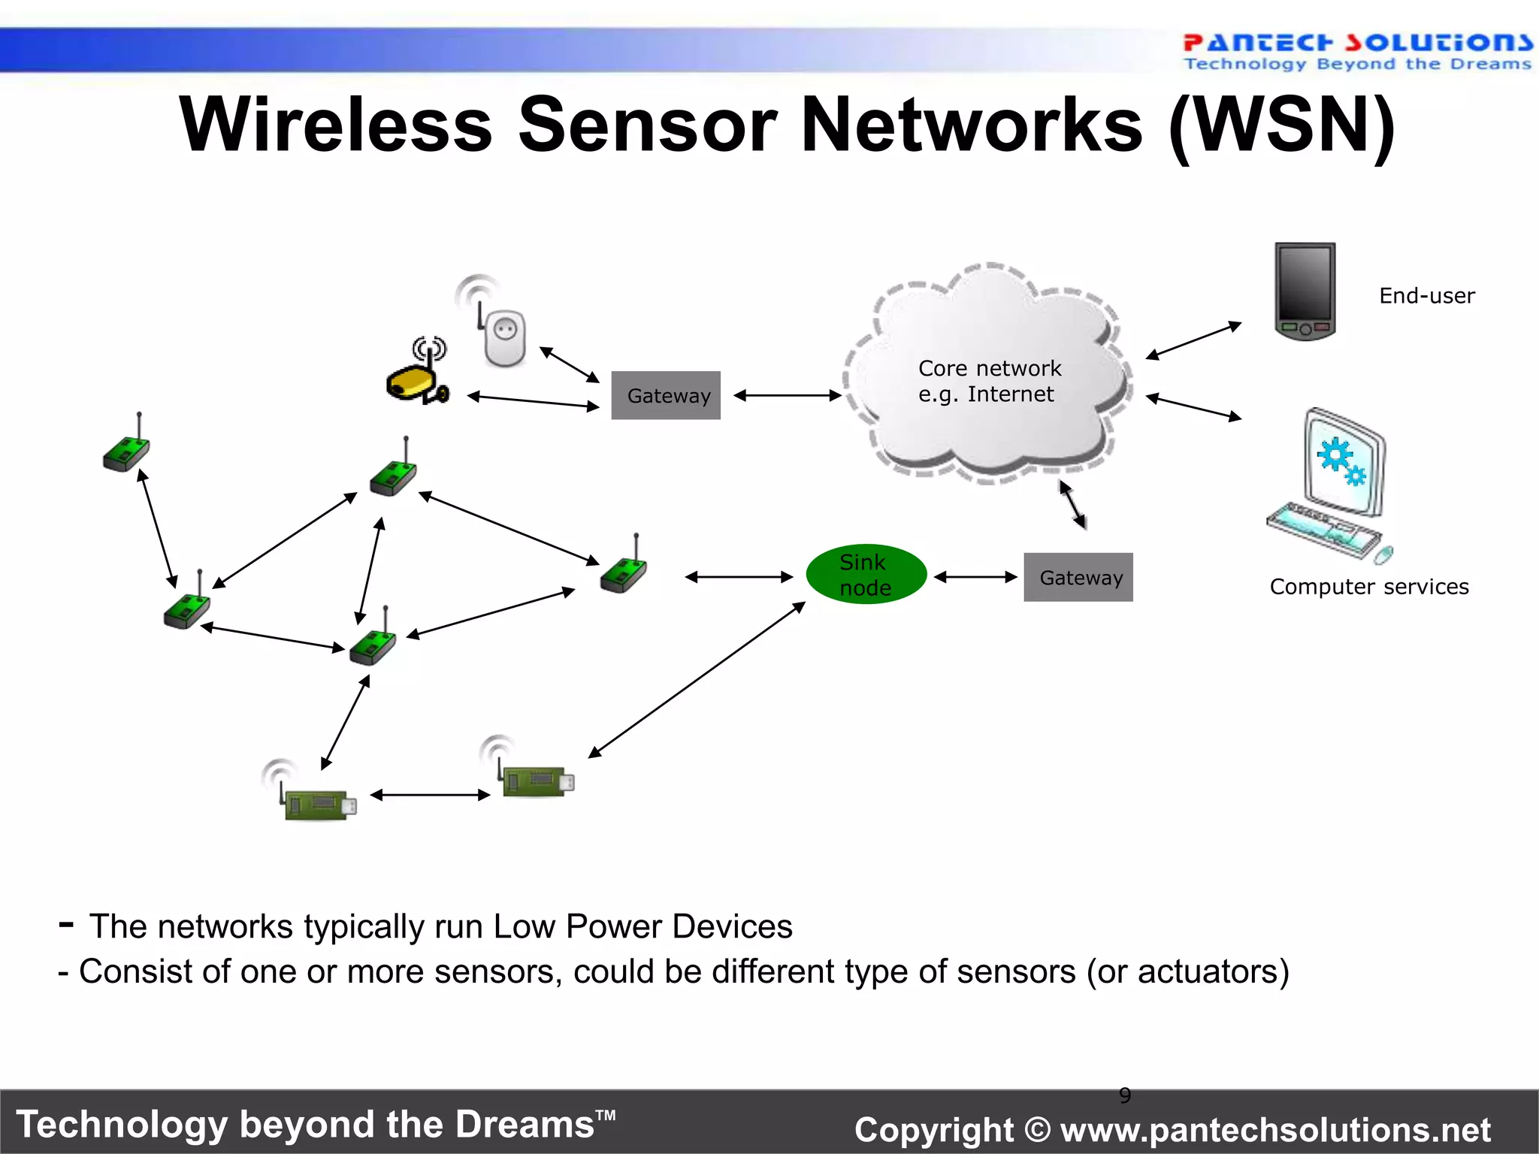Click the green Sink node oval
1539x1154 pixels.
pos(866,575)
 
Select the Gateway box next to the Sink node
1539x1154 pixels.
pos(1078,577)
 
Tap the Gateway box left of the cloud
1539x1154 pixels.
pos(666,395)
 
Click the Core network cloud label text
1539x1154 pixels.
pos(989,381)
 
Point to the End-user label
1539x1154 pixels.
pos(1426,296)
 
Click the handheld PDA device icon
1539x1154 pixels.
pos(1305,292)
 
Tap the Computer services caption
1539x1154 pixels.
pos(1369,587)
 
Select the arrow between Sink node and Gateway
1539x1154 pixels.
pos(975,577)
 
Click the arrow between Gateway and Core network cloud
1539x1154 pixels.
pos(787,395)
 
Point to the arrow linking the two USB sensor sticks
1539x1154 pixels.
pos(430,795)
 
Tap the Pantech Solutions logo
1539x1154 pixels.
pos(1356,51)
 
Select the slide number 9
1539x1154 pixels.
pos(1125,1095)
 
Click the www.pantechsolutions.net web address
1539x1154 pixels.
pos(1275,1130)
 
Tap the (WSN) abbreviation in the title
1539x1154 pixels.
pos(1282,125)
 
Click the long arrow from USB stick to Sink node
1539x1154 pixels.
pos(697,680)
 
